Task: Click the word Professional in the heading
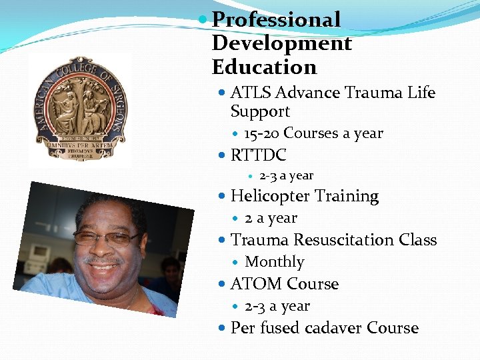[276, 20]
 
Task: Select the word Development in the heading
[281, 43]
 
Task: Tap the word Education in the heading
[264, 67]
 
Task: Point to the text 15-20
[261, 133]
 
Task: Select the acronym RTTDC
[258, 155]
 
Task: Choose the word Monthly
[274, 262]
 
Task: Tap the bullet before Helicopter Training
[223, 197]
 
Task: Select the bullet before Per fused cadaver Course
[223, 328]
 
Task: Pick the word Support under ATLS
[259, 111]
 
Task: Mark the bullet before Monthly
[237, 263]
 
